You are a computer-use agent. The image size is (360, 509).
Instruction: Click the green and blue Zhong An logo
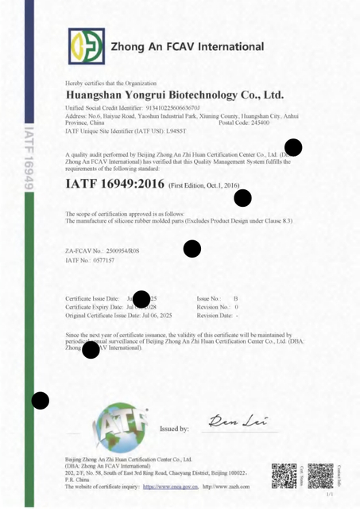(x=86, y=46)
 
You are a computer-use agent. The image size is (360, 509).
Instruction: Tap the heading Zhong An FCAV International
(x=188, y=47)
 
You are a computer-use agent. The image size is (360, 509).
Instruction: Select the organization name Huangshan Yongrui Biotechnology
(x=174, y=94)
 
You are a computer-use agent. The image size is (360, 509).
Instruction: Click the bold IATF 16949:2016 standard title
(x=114, y=185)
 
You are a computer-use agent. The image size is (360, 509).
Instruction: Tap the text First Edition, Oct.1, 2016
(x=204, y=185)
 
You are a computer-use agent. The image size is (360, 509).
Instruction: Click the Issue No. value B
(x=235, y=298)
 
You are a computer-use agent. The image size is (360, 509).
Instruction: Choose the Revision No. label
(x=212, y=307)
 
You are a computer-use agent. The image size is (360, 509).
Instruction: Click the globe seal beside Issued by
(x=120, y=428)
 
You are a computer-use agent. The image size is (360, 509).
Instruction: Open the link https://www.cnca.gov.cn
(x=172, y=487)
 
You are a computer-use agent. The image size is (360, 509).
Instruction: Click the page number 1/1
(x=329, y=494)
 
